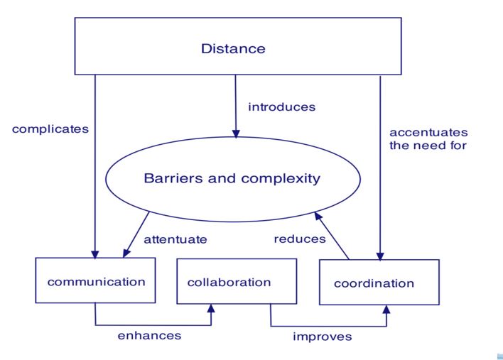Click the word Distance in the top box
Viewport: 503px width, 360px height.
click(233, 49)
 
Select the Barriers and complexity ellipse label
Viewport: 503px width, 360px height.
click(232, 178)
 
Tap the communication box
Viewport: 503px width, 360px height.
click(96, 280)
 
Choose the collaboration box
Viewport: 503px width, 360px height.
click(237, 281)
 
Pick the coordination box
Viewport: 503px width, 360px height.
click(379, 282)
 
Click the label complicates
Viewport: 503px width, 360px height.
click(50, 129)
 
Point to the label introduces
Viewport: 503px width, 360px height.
click(282, 107)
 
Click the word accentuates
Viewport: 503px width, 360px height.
click(428, 132)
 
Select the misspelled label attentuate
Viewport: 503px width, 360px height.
click(175, 239)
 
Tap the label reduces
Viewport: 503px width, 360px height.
click(300, 239)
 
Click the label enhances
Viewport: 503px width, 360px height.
click(149, 336)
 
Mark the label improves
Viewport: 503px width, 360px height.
click(323, 337)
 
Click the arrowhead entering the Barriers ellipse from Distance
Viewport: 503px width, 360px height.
click(236, 133)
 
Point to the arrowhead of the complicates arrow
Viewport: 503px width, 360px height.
click(95, 254)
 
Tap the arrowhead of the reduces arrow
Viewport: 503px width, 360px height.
click(318, 216)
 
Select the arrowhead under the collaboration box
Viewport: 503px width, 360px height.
click(211, 308)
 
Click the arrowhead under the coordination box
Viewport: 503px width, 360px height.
click(386, 310)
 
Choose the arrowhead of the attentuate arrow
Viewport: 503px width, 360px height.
click(126, 253)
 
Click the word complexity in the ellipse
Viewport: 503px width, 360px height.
click(281, 179)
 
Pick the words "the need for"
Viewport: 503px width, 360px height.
click(428, 146)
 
